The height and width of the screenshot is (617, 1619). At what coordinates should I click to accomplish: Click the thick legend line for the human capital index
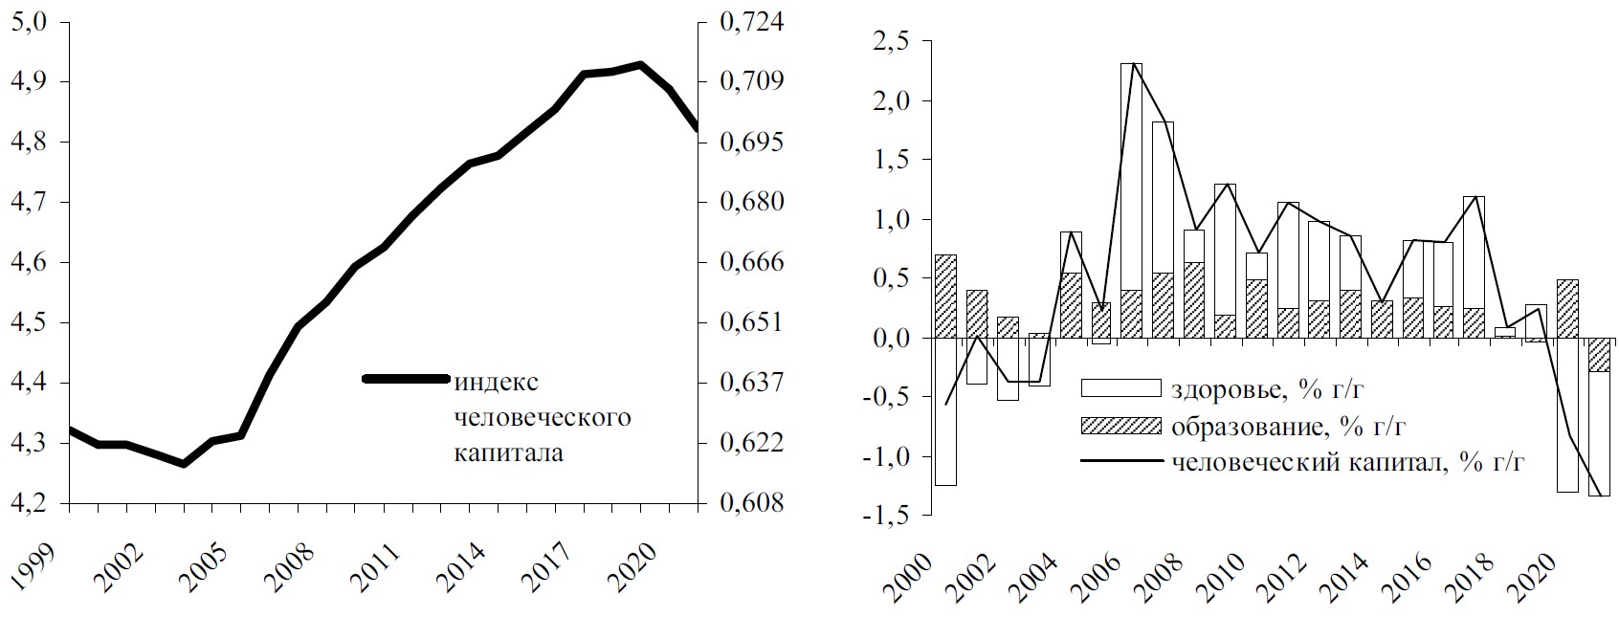406,379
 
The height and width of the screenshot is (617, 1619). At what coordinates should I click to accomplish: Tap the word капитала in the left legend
507,452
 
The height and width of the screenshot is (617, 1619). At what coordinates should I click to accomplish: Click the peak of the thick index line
640,65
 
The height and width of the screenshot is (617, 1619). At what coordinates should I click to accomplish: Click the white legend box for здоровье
1120,387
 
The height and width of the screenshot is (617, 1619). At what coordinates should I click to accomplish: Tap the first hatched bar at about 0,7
944,297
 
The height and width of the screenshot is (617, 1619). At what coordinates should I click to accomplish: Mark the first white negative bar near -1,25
944,411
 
